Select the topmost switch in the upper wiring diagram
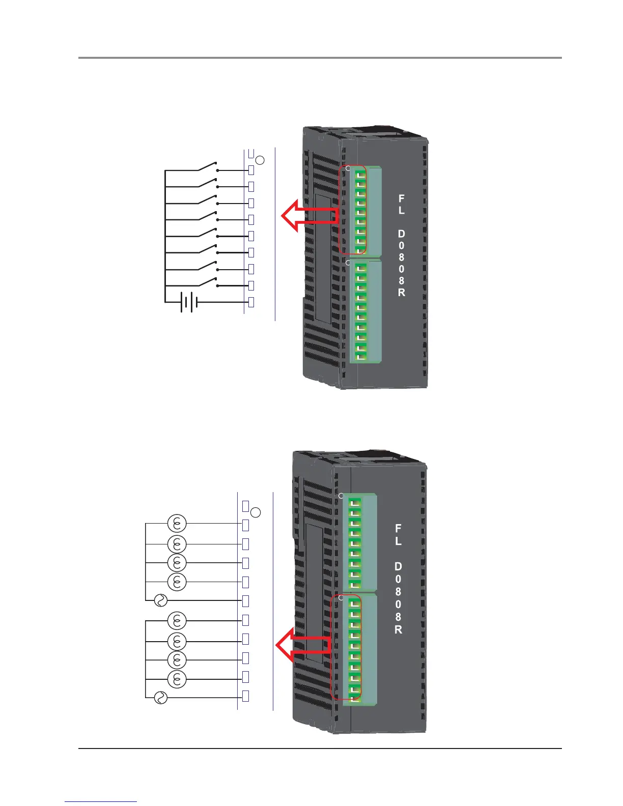[x=207, y=167]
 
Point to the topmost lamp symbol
[x=177, y=523]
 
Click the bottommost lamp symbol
[x=177, y=679]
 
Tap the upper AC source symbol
[x=160, y=601]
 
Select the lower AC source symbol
[x=160, y=698]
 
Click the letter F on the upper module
[x=402, y=198]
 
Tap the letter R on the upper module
[x=402, y=293]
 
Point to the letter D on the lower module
[x=398, y=566]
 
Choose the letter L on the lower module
[x=398, y=541]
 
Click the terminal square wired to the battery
[x=251, y=302]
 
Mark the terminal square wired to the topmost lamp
[x=245, y=524]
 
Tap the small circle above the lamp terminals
[x=256, y=512]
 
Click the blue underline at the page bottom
[x=101, y=802]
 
